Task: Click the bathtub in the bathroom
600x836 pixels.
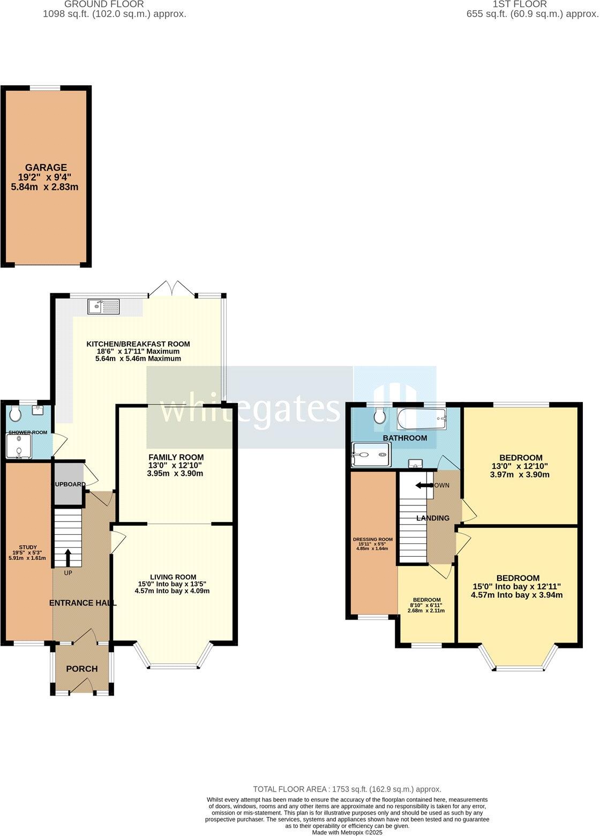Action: pos(421,419)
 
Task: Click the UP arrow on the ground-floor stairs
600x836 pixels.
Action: pos(68,557)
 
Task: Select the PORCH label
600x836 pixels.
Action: pos(81,668)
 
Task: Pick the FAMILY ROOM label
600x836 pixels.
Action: pos(176,457)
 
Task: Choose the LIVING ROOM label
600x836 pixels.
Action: pos(172,577)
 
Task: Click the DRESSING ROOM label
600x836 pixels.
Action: pos(372,540)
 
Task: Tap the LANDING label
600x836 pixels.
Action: pos(433,518)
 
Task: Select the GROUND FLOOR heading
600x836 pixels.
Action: pos(115,4)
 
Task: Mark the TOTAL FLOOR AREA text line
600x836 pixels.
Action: pos(347,789)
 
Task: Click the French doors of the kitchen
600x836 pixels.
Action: pos(172,289)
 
